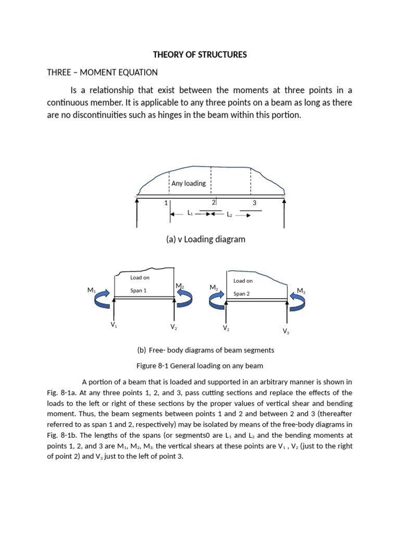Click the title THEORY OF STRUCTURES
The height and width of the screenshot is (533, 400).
pos(199,55)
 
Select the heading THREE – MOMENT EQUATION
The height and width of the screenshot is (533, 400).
pos(102,72)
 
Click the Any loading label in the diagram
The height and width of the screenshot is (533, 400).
pos(189,183)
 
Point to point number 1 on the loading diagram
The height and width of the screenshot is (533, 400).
pos(166,203)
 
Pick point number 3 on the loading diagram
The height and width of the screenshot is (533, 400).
pos(254,203)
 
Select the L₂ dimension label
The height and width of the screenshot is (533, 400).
pos(230,214)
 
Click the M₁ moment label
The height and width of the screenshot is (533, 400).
pos(92,290)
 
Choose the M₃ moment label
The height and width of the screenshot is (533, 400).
pos(301,290)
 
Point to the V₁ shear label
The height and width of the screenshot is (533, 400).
pos(114,325)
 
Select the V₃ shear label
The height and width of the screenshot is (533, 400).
pos(286,331)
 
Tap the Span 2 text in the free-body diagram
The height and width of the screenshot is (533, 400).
pos(242,294)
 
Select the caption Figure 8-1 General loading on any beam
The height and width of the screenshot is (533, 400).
pos(200,365)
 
